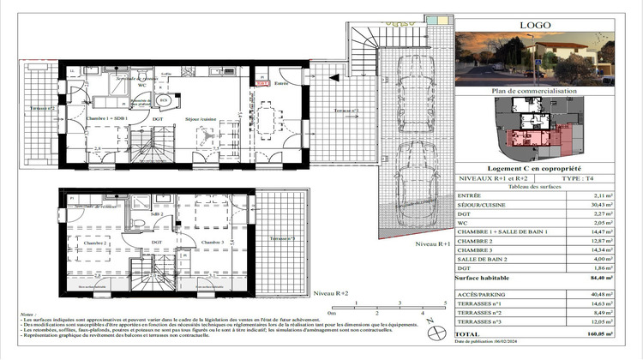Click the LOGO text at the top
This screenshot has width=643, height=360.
(x=535, y=25)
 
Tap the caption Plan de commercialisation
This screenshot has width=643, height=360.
(x=535, y=91)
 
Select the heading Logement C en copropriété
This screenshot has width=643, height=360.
(x=535, y=169)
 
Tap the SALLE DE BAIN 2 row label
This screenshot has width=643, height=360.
(x=484, y=258)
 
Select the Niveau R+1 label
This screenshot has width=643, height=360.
(x=433, y=244)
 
